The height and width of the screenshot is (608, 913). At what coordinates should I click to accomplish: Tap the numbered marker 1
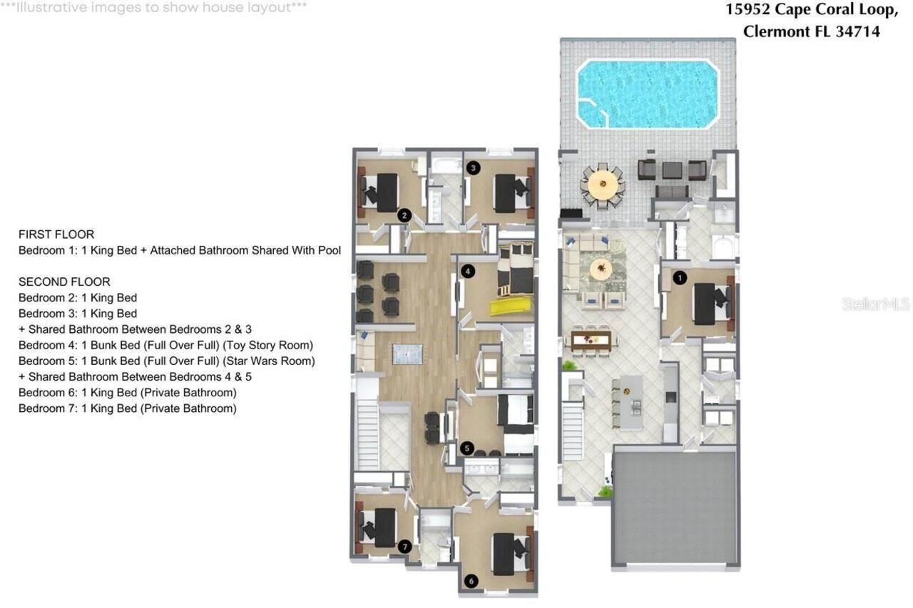click(x=680, y=278)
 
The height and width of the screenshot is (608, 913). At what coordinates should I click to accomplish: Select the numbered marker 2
click(x=404, y=215)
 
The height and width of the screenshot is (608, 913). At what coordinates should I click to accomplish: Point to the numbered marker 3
click(x=473, y=168)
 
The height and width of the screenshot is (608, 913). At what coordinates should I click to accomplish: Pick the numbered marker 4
click(x=467, y=271)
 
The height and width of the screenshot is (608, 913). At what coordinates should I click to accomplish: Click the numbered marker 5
click(x=466, y=448)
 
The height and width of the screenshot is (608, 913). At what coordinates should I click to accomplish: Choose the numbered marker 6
click(x=471, y=581)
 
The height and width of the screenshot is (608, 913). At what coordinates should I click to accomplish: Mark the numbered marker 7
click(x=404, y=547)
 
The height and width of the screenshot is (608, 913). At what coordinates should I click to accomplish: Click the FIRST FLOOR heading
click(x=56, y=235)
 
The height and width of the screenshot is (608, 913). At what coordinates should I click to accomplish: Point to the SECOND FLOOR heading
click(x=64, y=282)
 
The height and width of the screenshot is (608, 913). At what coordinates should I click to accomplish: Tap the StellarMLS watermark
click(x=875, y=304)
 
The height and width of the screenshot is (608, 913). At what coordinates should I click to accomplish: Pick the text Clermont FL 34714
click(x=811, y=31)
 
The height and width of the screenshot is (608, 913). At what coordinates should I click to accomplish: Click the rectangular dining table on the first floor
click(x=591, y=339)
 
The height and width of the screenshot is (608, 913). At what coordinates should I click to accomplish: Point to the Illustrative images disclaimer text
click(x=153, y=8)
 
